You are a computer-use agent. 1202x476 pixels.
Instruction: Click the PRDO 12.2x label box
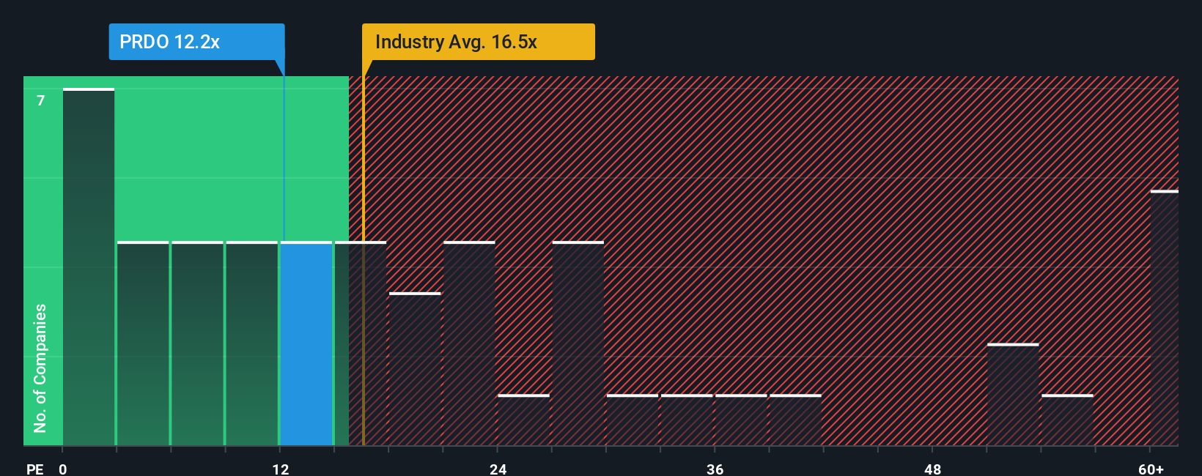[196, 42]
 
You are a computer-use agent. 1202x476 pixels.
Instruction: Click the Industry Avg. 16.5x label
[478, 42]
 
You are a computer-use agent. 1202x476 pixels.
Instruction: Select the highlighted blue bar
[306, 343]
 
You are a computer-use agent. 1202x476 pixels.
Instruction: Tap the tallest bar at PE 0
[89, 267]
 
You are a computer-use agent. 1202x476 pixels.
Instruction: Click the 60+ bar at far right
[1164, 319]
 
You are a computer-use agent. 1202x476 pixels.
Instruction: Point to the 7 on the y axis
[41, 100]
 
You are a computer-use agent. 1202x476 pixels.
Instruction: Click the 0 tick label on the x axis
[63, 469]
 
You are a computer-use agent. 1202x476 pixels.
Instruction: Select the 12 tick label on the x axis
[281, 469]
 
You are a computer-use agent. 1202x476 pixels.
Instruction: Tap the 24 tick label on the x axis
[498, 469]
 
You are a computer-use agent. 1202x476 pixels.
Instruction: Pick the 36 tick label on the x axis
[715, 469]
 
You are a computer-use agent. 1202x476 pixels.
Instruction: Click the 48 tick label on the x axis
[932, 469]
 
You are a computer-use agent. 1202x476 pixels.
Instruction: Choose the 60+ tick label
[1151, 469]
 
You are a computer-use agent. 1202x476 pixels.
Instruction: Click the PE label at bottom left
[35, 469]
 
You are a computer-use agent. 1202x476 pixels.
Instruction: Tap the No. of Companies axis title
[40, 368]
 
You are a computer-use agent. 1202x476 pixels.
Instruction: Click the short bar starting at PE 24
[523, 420]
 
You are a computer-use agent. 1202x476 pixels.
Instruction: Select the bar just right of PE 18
[415, 369]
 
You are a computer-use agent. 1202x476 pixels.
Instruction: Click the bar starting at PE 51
[1013, 395]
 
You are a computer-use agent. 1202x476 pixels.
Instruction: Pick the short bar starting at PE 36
[741, 420]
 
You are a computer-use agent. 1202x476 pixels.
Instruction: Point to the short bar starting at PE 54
[1067, 420]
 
